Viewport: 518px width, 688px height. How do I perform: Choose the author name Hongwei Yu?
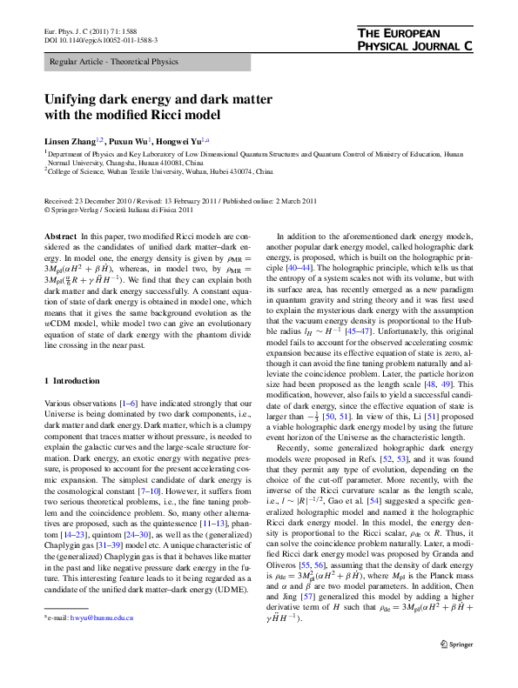[180, 139]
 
